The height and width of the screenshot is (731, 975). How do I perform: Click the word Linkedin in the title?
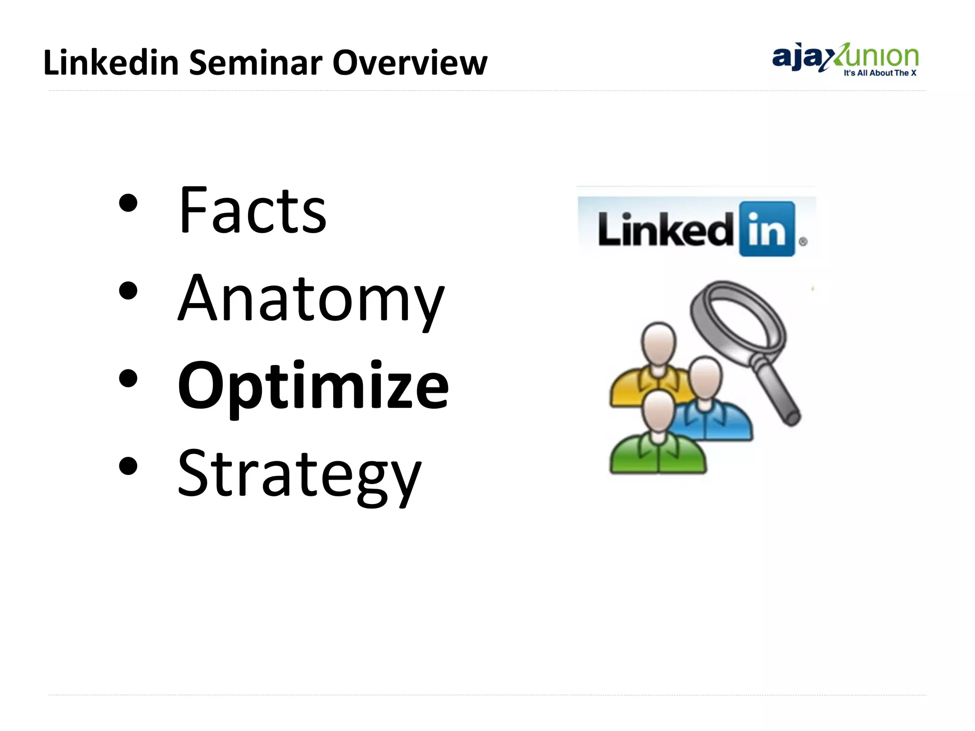[x=110, y=63]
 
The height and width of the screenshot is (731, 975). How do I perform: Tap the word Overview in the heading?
[x=409, y=63]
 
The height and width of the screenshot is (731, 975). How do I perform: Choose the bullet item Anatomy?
[x=310, y=300]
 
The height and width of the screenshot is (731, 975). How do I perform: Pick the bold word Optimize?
[x=313, y=386]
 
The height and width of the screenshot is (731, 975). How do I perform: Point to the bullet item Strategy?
[x=299, y=474]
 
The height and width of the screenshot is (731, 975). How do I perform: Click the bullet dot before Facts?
[x=128, y=204]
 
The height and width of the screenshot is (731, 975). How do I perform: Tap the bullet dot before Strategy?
[x=128, y=466]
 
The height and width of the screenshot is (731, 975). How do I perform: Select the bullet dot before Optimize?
[x=128, y=379]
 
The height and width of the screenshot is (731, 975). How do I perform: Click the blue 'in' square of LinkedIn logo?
[x=766, y=229]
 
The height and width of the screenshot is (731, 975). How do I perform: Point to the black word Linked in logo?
[x=666, y=230]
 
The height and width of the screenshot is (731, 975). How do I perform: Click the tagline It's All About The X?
[x=879, y=73]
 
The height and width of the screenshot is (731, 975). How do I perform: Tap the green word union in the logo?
[x=881, y=57]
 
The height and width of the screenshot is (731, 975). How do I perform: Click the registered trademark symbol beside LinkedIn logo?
[x=803, y=242]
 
